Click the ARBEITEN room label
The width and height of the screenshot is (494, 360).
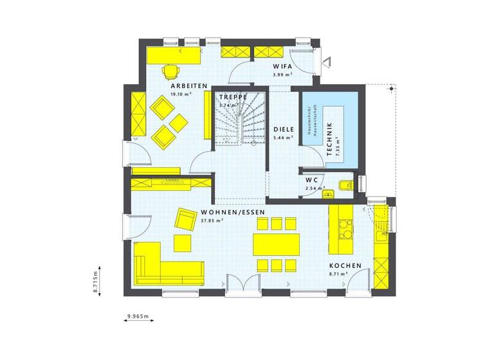(x=188, y=85)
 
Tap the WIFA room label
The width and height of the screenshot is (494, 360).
(x=282, y=66)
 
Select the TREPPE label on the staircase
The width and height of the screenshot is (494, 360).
(x=233, y=97)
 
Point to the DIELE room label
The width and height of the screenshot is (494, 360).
(x=283, y=129)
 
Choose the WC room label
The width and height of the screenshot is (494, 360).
(x=312, y=179)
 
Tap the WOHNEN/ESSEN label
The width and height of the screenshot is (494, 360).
(x=232, y=212)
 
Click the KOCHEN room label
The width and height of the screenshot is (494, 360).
(x=345, y=265)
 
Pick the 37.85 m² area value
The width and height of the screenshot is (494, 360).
(x=212, y=221)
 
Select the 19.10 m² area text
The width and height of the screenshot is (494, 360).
(x=181, y=94)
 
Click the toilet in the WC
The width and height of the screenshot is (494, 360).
(x=345, y=187)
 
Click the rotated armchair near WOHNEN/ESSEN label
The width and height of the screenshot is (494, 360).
(x=187, y=219)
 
